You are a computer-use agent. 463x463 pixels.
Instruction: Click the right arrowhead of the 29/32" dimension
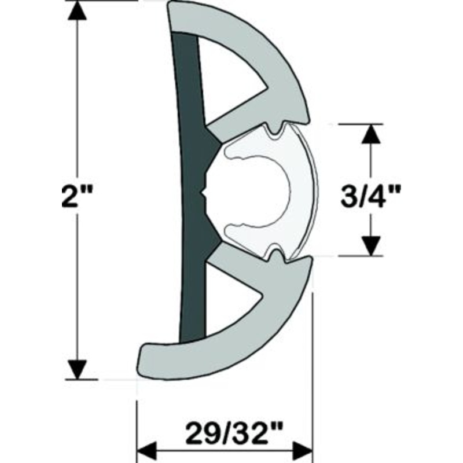point(303,449)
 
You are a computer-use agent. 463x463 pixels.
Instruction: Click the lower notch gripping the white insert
point(276,255)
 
